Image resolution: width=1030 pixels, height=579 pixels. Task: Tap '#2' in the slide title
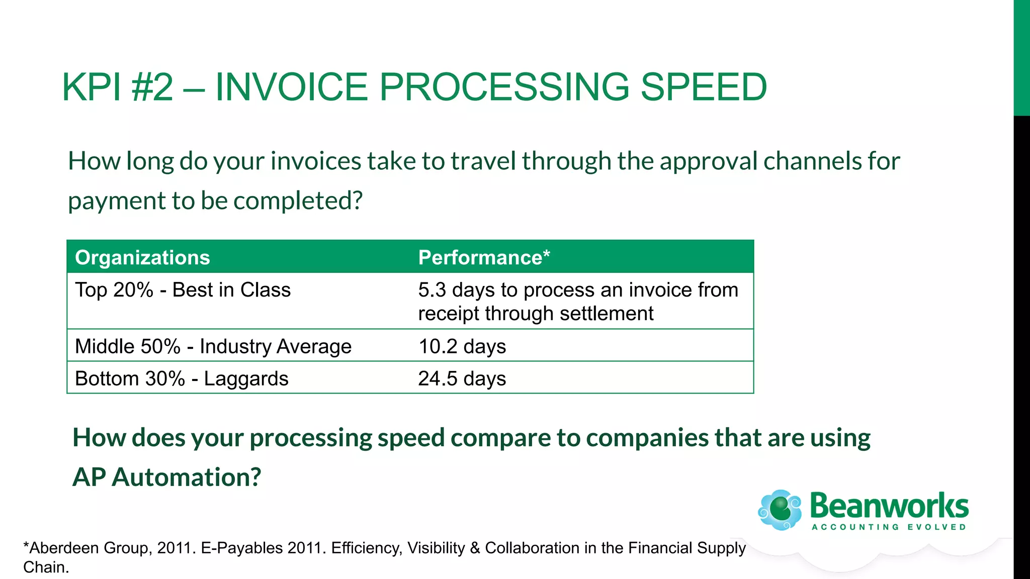point(152,87)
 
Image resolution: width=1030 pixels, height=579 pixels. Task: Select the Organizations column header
point(142,257)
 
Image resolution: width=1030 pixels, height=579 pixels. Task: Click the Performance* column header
point(484,257)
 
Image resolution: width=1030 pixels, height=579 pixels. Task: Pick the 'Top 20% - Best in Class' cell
point(183,290)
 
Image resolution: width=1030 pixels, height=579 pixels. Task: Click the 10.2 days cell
point(462,346)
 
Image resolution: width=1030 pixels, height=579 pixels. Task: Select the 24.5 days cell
point(462,378)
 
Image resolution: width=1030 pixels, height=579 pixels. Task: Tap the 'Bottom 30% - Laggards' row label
point(182,378)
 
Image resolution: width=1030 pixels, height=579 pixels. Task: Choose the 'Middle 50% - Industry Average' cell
point(213,346)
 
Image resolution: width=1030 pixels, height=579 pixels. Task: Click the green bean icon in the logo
point(780,510)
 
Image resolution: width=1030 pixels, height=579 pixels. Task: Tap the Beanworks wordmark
point(889,506)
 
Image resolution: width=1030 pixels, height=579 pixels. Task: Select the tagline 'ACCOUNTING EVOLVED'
point(889,527)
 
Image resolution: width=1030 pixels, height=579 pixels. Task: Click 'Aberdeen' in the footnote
point(64,548)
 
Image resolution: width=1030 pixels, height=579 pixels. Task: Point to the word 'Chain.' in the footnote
point(46,567)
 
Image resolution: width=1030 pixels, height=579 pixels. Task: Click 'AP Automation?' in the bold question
point(166,477)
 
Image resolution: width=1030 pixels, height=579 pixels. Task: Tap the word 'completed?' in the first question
point(298,201)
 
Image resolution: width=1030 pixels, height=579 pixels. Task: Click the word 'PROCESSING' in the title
point(503,87)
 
